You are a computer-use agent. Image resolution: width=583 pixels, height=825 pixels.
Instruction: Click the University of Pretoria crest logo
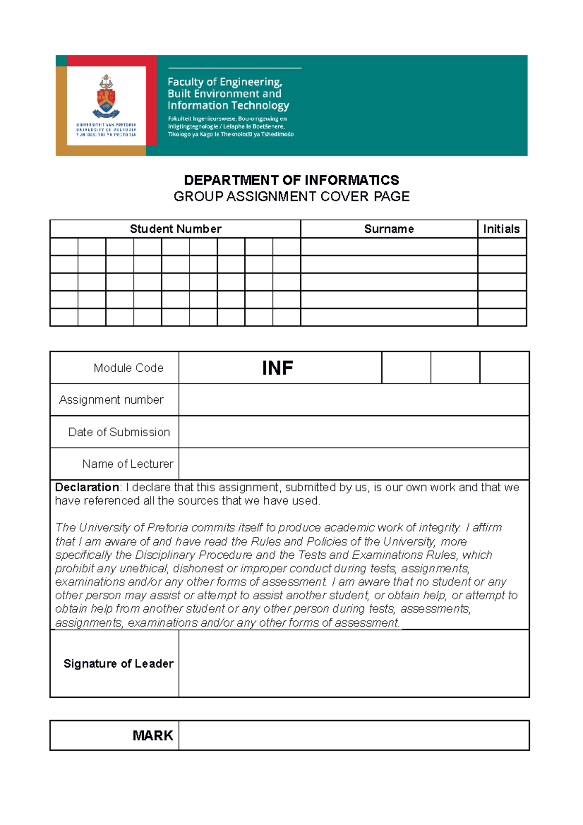(x=106, y=97)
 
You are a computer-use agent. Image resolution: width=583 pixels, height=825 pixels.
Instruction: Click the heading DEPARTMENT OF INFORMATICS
(x=291, y=180)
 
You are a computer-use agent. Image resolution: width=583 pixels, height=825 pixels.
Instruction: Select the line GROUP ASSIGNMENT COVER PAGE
(x=291, y=197)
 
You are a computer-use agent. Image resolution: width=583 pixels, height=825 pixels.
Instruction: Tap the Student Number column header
(x=175, y=229)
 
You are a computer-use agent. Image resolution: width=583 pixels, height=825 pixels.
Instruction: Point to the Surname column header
(x=389, y=229)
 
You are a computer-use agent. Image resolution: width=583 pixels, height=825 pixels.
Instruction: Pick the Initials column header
(x=501, y=229)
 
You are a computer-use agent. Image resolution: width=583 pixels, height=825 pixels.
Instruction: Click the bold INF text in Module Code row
(x=277, y=368)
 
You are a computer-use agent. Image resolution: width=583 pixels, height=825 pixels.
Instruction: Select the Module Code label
(x=128, y=368)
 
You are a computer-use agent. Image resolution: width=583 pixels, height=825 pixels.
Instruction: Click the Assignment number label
(x=111, y=400)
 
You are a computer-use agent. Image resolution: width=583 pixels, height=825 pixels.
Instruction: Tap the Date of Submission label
(x=119, y=432)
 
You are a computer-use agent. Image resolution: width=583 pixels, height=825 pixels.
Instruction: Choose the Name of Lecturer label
(x=128, y=464)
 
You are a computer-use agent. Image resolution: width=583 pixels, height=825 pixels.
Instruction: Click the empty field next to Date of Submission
(x=354, y=432)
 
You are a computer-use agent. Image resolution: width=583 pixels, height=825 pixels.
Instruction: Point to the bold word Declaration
(x=87, y=487)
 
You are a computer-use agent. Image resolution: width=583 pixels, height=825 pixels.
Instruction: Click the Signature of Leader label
(x=118, y=664)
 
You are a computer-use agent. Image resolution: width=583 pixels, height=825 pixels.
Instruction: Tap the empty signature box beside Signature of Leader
(x=354, y=664)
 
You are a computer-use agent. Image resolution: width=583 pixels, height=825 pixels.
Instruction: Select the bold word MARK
(x=153, y=736)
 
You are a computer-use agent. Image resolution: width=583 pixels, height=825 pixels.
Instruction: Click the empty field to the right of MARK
(x=354, y=736)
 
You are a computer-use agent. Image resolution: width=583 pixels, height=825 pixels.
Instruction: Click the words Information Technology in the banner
(x=228, y=105)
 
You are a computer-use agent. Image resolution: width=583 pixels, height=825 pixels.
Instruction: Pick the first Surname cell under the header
(x=389, y=247)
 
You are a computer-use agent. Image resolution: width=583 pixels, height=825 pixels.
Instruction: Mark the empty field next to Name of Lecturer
(x=354, y=464)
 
